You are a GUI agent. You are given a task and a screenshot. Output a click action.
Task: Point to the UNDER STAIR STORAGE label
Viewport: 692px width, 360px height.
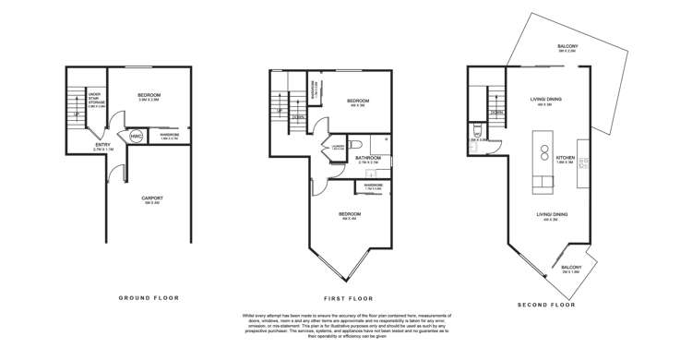[x=95, y=101]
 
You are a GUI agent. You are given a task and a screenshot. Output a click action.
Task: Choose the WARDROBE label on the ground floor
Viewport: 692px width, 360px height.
[x=169, y=136]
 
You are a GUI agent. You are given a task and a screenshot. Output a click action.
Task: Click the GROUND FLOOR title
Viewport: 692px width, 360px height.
[x=149, y=298]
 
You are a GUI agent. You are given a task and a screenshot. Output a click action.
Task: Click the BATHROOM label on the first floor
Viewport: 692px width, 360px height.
[x=368, y=159]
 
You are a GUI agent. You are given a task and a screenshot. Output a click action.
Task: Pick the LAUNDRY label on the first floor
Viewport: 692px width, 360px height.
[x=336, y=148]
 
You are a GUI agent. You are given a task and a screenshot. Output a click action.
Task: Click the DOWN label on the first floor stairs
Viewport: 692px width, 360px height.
[x=298, y=117]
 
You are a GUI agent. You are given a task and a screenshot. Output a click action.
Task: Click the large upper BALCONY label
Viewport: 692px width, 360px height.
[x=567, y=47]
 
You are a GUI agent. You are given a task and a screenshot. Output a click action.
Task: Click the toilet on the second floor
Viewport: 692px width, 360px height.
[x=473, y=135]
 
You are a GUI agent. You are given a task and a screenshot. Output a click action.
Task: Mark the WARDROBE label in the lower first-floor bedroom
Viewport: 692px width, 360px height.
[x=373, y=186]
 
